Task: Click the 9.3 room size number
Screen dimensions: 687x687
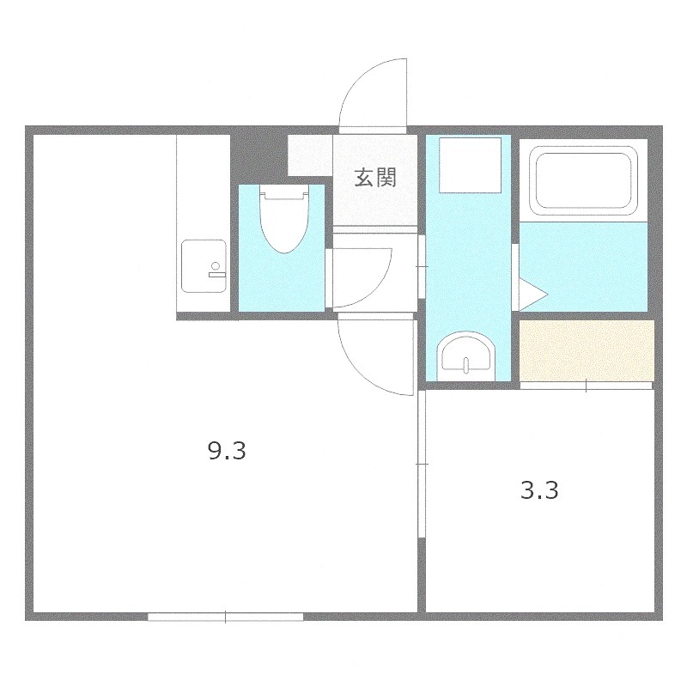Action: [x=228, y=451]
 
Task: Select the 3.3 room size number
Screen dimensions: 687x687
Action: [x=540, y=491]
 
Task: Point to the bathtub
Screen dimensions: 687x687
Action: [x=585, y=181]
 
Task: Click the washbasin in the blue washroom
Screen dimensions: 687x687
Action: [x=466, y=354]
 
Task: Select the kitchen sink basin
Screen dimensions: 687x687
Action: [x=203, y=267]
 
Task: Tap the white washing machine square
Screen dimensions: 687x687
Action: [x=469, y=166]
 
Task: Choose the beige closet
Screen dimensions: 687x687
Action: [x=587, y=350]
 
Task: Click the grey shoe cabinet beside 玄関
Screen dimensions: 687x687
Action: [x=309, y=155]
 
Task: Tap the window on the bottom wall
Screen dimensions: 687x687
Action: [x=225, y=616]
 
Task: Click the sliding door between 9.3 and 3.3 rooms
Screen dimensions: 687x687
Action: [x=421, y=464]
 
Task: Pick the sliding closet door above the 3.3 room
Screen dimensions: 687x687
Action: [x=587, y=386]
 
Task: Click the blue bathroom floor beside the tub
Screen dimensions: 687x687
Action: [x=584, y=266]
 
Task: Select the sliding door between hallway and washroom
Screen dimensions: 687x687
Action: [x=421, y=266]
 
